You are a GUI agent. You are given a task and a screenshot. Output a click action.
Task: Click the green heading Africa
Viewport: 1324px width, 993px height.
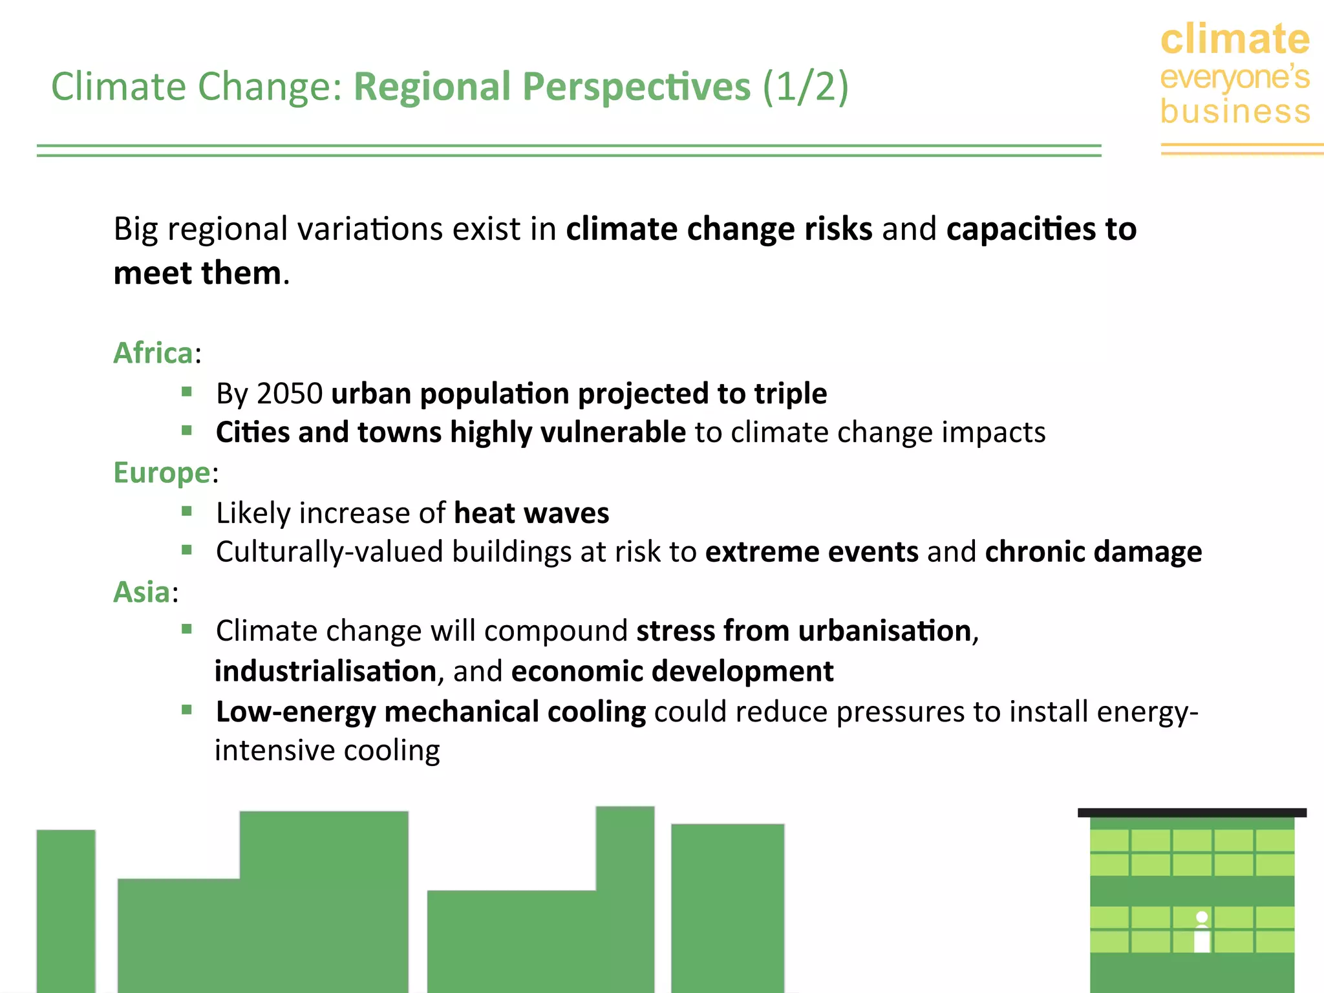(x=153, y=354)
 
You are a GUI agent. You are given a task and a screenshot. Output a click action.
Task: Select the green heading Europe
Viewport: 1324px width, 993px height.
(x=162, y=473)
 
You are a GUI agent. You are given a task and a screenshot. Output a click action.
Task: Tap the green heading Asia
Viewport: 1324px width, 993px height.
(x=142, y=592)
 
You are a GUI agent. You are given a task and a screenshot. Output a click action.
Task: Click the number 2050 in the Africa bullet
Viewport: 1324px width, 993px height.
(x=290, y=394)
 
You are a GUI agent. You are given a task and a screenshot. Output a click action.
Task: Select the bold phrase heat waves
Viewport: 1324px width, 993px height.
(x=531, y=513)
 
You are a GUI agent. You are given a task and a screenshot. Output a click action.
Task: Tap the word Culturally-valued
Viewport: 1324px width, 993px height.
(x=329, y=552)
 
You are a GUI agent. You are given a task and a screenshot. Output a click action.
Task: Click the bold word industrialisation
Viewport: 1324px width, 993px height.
(x=325, y=672)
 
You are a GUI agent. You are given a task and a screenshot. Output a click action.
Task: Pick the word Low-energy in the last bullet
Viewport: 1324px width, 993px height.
(x=295, y=712)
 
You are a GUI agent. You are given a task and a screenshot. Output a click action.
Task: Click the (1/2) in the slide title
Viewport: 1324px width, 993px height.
(x=805, y=87)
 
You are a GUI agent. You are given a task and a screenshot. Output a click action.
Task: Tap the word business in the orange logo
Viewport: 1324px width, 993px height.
(x=1235, y=111)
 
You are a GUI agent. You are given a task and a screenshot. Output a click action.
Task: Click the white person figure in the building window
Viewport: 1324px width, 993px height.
(x=1202, y=932)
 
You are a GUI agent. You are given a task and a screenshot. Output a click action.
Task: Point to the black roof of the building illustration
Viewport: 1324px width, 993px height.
(x=1191, y=813)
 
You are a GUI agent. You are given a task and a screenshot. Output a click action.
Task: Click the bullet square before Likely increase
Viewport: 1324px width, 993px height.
(x=187, y=511)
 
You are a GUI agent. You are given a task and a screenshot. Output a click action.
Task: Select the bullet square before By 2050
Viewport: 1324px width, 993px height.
(x=187, y=391)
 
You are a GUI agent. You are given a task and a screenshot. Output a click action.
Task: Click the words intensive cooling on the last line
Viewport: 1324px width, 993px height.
(x=327, y=751)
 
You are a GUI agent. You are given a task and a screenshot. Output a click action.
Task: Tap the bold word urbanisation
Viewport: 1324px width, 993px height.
(x=884, y=631)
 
